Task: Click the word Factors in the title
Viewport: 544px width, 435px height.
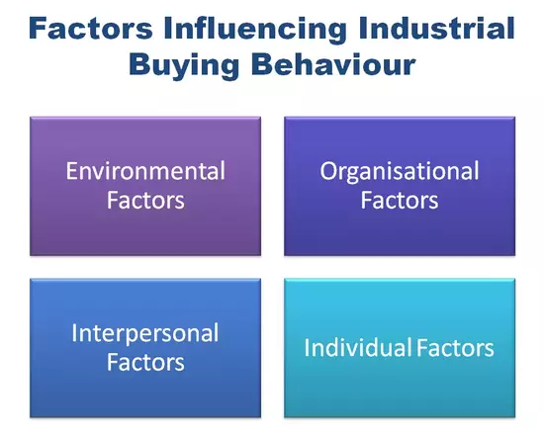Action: point(91,28)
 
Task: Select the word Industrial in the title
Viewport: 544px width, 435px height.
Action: point(437,28)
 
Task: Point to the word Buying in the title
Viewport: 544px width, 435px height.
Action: point(184,66)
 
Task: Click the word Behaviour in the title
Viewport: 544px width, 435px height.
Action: point(333,64)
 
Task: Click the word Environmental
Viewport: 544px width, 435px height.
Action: point(145,171)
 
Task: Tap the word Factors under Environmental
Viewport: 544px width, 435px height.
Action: point(145,200)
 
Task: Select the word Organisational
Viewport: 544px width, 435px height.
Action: point(400,172)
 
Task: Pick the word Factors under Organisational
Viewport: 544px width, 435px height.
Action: point(400,200)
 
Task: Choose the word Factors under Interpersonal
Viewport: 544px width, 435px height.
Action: point(145,362)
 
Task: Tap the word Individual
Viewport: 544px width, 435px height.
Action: point(358,347)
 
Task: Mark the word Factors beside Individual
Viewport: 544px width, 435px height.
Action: point(455,348)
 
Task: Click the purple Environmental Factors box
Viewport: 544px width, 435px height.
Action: point(145,186)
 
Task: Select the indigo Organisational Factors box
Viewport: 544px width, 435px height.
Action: point(400,186)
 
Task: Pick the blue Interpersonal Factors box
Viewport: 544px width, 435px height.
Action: point(145,348)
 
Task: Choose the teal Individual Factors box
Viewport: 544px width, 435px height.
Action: point(400,348)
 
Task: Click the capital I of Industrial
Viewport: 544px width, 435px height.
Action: point(363,28)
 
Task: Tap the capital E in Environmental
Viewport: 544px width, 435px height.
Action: point(71,171)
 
